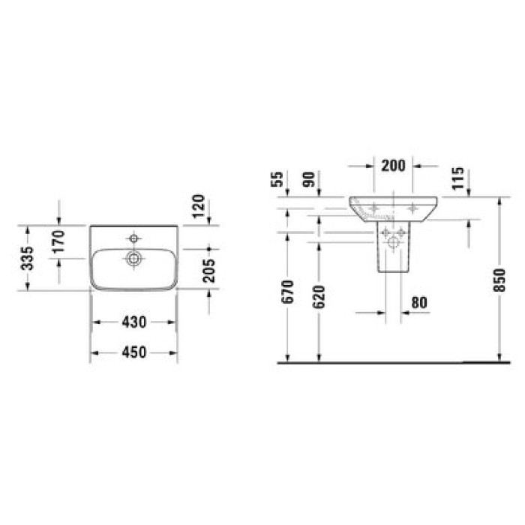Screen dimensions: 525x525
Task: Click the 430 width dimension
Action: tap(133, 321)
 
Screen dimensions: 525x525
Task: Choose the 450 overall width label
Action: tap(133, 351)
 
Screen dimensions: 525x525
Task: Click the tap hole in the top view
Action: tap(134, 238)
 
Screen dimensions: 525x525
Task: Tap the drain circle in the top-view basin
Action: tap(134, 259)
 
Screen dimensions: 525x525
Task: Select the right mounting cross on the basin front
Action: tap(412, 205)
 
